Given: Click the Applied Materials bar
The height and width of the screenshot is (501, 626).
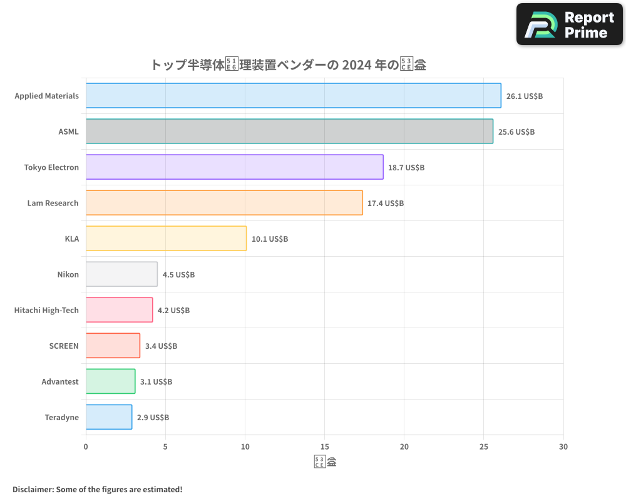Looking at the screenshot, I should [293, 96].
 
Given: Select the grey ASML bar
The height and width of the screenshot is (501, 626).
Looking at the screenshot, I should [289, 132].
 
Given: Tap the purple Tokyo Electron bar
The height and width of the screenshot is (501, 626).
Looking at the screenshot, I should [234, 167].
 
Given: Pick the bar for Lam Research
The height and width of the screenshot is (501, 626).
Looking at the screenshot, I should [224, 203].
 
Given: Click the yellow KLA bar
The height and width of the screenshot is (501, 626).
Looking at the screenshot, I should [166, 239].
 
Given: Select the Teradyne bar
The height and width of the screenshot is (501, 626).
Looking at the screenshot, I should [109, 417].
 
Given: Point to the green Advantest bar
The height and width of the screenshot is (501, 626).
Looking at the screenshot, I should [110, 381].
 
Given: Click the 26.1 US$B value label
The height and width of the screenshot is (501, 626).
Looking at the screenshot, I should [524, 96].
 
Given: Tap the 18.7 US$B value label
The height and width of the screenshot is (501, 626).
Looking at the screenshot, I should [406, 168].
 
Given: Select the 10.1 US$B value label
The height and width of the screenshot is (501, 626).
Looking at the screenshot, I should [270, 239].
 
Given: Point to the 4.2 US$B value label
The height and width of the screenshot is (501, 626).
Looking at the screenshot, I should [173, 311].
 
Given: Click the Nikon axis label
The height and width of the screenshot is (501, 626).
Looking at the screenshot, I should [68, 274].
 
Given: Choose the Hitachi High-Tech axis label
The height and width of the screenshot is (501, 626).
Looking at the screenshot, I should [46, 310].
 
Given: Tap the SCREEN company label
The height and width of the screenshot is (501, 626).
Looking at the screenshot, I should [64, 346].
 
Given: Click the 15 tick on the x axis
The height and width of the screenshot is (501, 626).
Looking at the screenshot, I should [324, 447].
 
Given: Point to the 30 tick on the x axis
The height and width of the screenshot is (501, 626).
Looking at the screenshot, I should [563, 447].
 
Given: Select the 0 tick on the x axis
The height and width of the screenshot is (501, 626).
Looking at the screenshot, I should [86, 447].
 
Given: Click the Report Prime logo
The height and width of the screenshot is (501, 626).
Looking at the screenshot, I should [570, 24].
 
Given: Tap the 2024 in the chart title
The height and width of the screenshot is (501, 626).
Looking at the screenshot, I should [356, 65].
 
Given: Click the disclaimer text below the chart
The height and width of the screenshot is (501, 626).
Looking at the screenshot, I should [98, 489].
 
